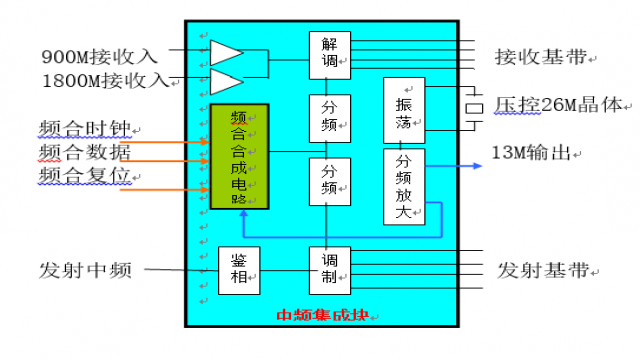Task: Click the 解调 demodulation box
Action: (329, 53)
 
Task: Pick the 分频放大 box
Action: (404, 186)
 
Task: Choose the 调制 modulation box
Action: (329, 270)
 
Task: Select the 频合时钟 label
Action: (85, 129)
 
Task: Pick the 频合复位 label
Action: (85, 175)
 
